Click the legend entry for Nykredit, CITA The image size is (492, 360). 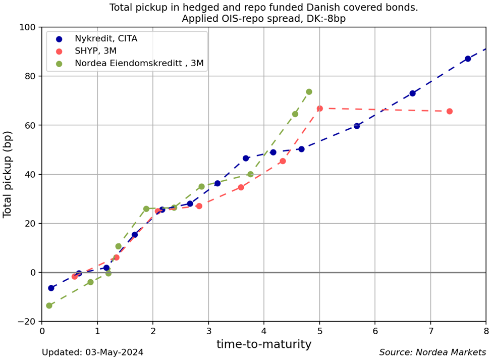[x=105, y=39]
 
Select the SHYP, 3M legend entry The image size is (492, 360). [x=95, y=51]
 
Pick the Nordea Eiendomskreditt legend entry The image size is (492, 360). [x=139, y=63]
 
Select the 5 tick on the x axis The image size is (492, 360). [x=319, y=331]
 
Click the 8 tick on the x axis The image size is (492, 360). [x=486, y=331]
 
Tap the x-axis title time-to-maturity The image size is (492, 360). [x=263, y=344]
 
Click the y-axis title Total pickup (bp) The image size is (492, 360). [x=8, y=174]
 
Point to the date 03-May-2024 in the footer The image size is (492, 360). [x=115, y=352]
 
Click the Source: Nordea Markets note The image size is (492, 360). [x=432, y=352]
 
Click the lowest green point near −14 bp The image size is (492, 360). [x=49, y=305]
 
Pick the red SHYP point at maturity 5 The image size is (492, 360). [x=319, y=109]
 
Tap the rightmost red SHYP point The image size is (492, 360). [x=450, y=111]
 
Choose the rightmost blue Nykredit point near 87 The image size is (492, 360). [x=468, y=59]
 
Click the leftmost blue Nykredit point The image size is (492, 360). [x=51, y=288]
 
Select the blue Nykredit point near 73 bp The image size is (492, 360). [x=412, y=93]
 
